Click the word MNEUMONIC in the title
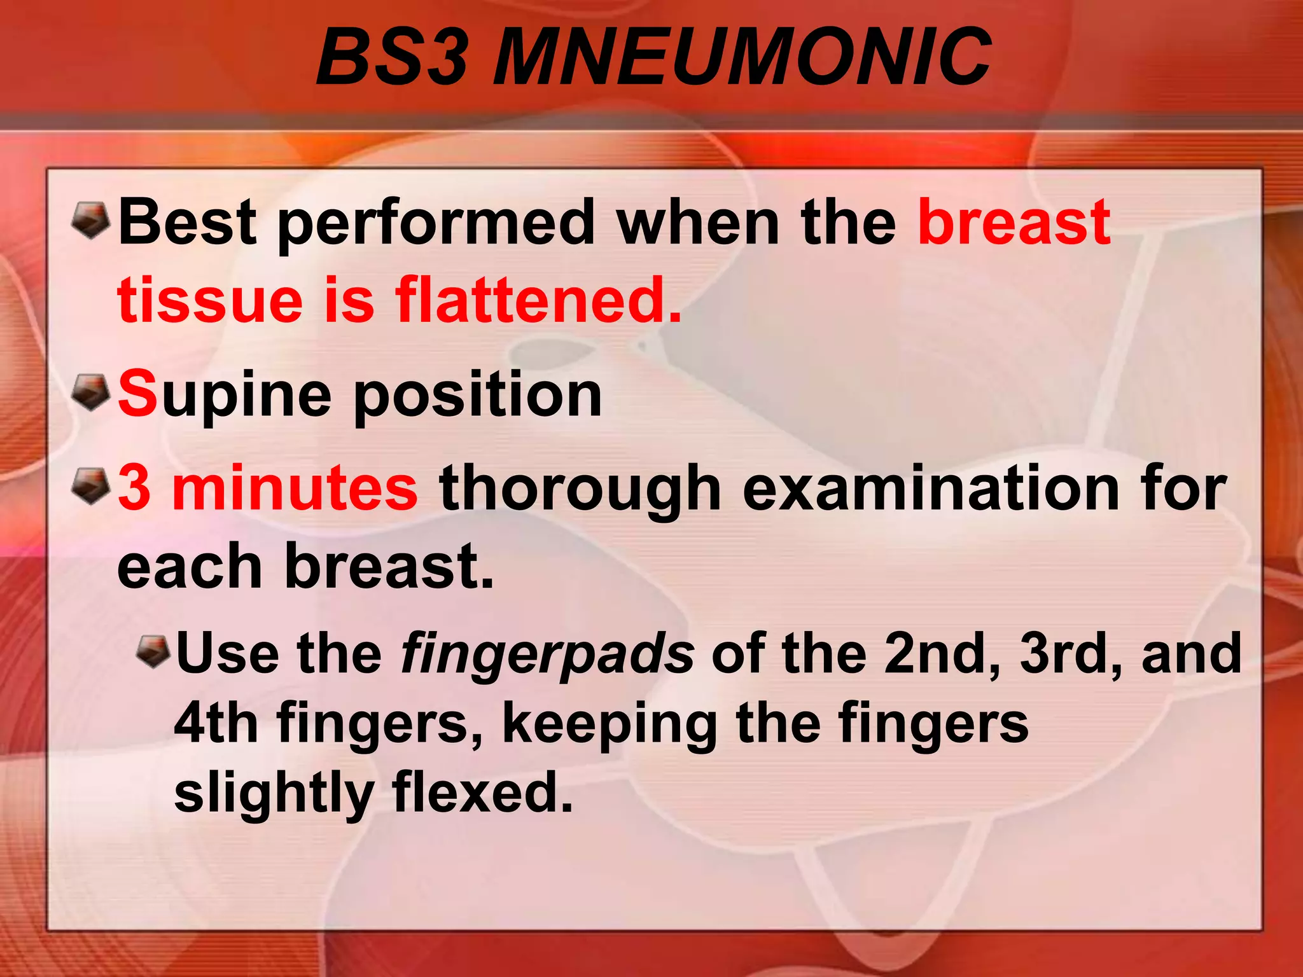coord(742,57)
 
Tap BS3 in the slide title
coord(393,57)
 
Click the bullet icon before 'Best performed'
coord(91,221)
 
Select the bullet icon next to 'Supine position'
coord(91,392)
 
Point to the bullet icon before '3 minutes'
coord(91,487)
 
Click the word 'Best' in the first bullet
coord(188,222)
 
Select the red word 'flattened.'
coord(538,300)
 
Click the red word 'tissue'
coord(210,300)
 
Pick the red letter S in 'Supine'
coord(137,394)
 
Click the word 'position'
coord(477,396)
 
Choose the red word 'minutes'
coord(295,488)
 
